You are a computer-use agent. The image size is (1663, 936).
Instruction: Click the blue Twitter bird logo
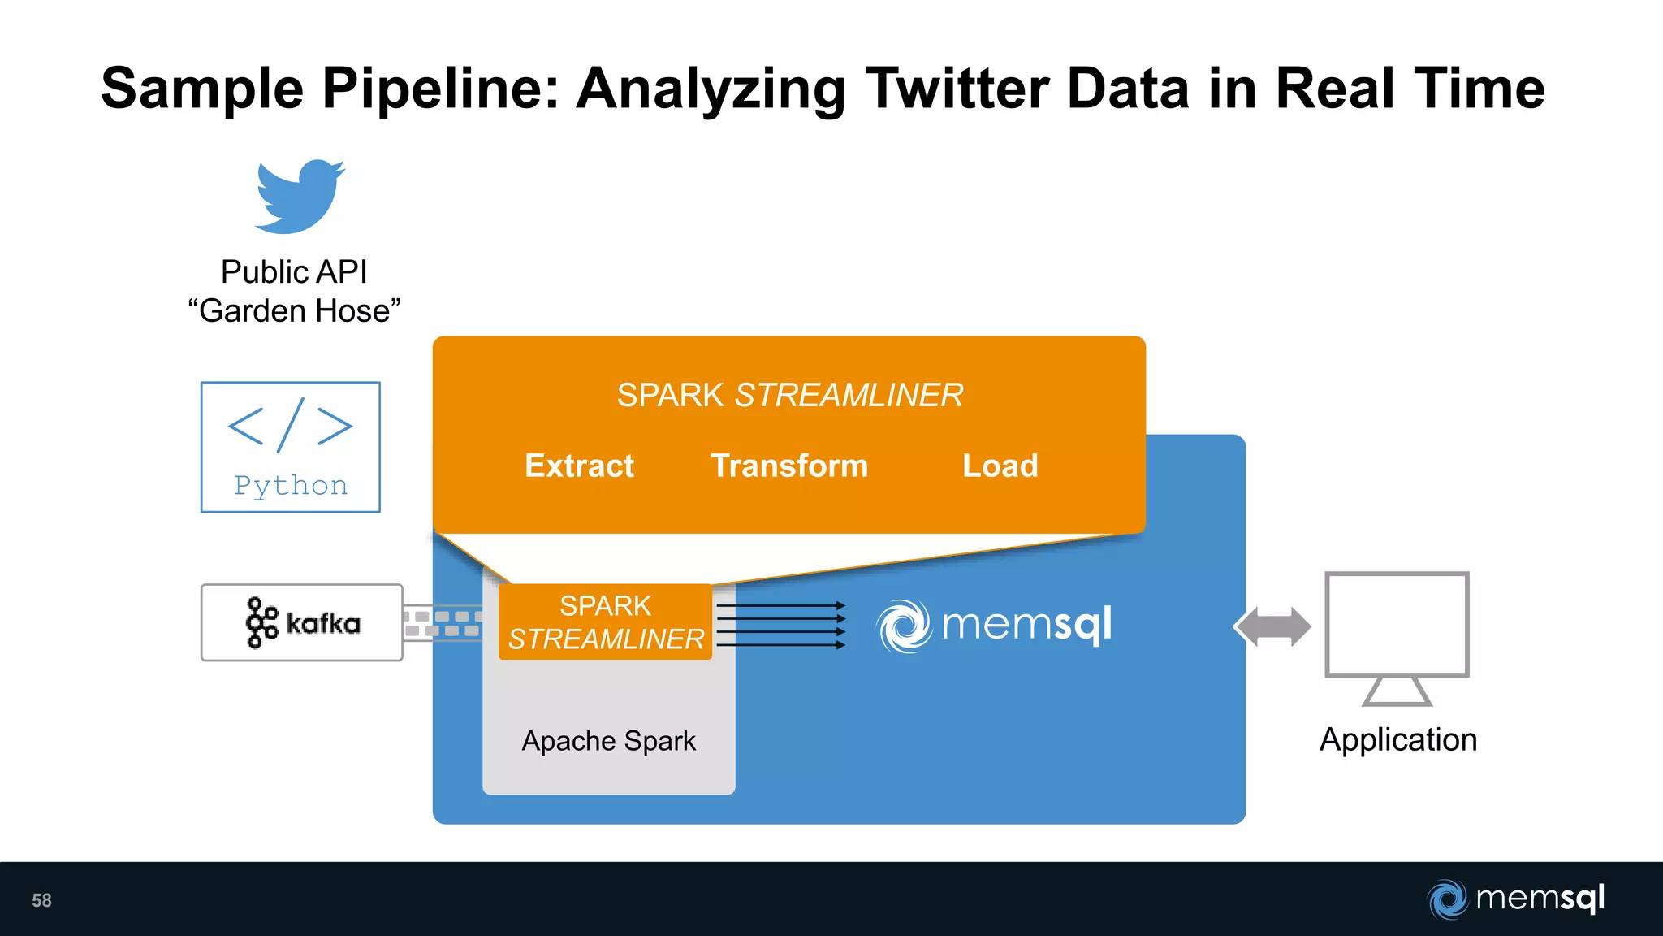pos(299,197)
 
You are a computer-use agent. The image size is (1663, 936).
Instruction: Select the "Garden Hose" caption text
pos(294,311)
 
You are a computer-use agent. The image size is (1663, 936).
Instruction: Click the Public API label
pos(294,272)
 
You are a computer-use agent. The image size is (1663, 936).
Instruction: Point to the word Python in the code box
pos(291,486)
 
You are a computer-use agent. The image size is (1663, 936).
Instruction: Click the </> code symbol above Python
pos(291,425)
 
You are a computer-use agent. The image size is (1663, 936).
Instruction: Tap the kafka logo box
pos(302,623)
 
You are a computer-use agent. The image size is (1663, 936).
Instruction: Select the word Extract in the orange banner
pos(579,466)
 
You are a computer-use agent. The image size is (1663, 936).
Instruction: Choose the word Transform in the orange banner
pos(789,466)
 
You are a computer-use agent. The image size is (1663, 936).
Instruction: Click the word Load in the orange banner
pos(1000,466)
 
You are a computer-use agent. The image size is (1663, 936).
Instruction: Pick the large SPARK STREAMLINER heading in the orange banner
pos(789,396)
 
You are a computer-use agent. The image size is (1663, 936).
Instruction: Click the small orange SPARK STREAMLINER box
pos(605,622)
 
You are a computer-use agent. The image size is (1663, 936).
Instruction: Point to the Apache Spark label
pos(609,741)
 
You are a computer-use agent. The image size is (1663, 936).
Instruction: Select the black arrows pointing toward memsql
pos(780,626)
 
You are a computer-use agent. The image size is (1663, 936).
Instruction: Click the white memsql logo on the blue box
pos(995,626)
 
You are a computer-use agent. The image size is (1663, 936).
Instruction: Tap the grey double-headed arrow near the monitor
pos(1272,627)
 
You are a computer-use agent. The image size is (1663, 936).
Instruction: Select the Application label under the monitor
pos(1397,740)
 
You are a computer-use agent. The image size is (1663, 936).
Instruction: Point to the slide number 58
pos(41,900)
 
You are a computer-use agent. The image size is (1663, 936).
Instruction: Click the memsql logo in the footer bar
pos(1516,899)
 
